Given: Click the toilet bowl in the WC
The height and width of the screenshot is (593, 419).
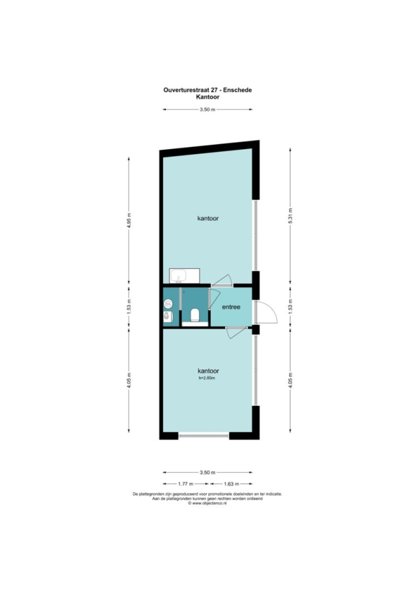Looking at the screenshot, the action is [195, 315].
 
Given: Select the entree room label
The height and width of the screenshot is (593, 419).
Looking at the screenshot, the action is [231, 307].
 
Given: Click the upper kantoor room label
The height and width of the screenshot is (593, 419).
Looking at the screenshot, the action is [208, 218].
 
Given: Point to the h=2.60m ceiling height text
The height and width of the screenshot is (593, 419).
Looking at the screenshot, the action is [207, 378].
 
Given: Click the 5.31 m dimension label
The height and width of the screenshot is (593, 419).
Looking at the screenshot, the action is [291, 216].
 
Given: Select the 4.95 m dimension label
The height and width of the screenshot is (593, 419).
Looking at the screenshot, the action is [129, 220].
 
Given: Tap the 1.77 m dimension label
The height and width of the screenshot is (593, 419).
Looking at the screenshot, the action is [186, 484].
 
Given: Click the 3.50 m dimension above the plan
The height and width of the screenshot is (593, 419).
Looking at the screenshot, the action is [208, 109].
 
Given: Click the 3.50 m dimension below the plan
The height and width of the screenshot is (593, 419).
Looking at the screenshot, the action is [208, 472].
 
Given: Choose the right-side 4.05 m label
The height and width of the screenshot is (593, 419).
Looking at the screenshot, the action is [291, 381].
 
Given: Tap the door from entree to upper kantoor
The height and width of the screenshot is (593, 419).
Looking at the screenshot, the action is [222, 280].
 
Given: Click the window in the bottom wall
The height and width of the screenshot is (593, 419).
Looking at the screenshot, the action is [204, 436].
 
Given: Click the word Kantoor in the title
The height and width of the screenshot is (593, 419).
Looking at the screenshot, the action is [208, 97].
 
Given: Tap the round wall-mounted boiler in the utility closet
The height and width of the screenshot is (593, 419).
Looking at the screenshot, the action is [168, 303].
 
